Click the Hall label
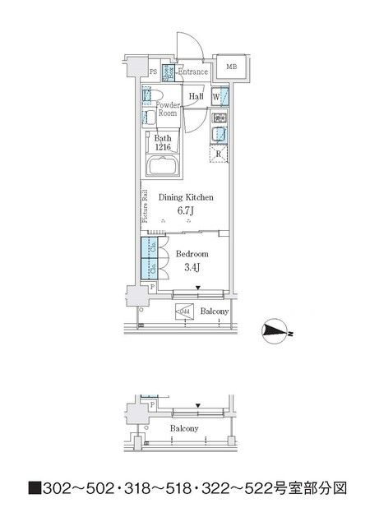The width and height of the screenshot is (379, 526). [196, 97]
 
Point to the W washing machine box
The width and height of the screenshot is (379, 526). [215, 97]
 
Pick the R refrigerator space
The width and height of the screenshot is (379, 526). [220, 154]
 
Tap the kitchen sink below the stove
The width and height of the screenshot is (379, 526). [220, 135]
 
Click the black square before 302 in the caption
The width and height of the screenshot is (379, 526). [35, 487]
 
